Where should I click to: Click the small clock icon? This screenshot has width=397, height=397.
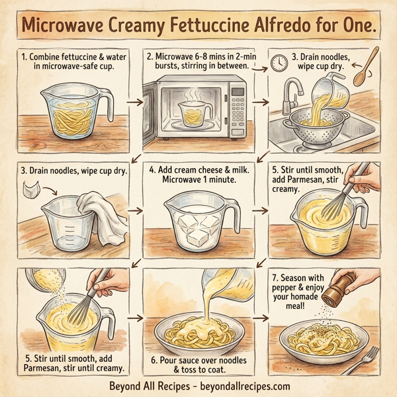tap(279, 63)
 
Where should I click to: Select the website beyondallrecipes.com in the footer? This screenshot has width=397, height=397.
tap(242, 386)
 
